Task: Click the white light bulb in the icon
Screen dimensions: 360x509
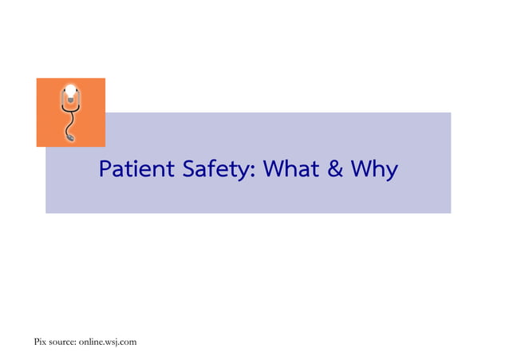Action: [70, 91]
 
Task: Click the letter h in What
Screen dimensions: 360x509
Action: [288, 169]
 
